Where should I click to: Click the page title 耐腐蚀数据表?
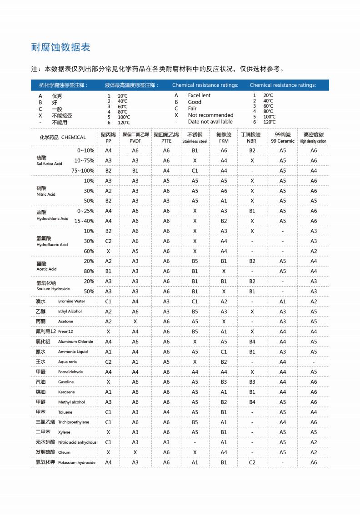click(60, 48)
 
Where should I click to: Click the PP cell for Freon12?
click(108, 332)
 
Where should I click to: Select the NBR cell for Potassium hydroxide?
click(252, 462)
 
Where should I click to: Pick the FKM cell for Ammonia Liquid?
click(224, 352)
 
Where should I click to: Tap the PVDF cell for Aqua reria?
click(135, 362)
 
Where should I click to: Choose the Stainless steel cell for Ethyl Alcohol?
click(195, 312)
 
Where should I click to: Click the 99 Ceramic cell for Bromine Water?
click(283, 302)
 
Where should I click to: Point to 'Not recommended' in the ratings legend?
click(210, 115)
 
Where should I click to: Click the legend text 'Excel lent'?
click(199, 96)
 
